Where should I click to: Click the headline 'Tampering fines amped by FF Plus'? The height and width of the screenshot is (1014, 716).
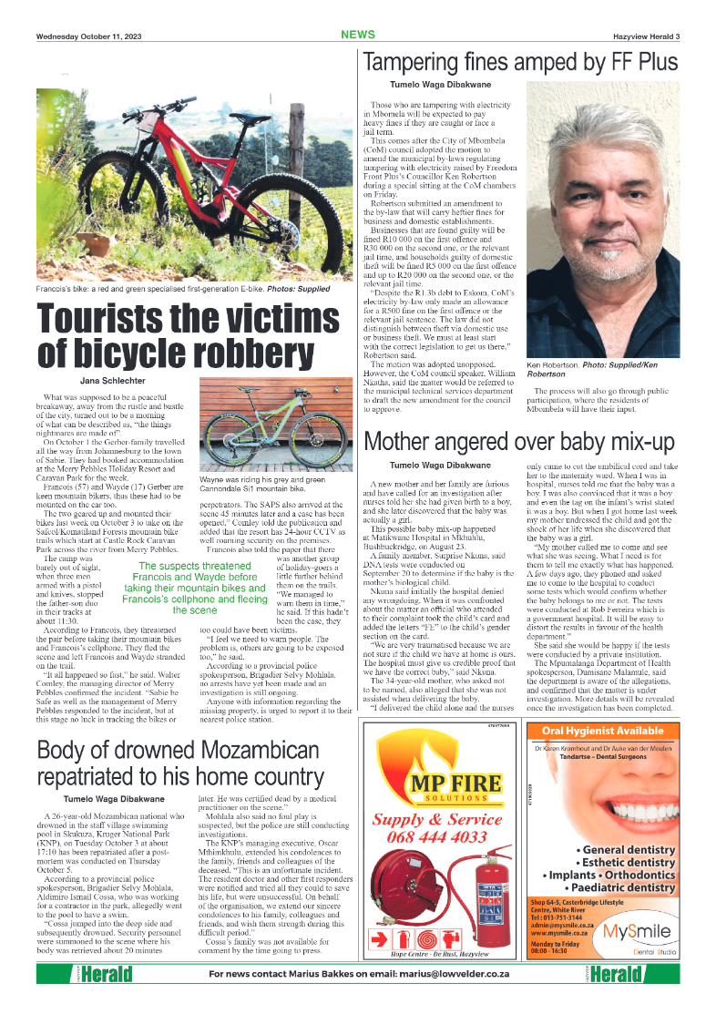pyautogui.click(x=520, y=62)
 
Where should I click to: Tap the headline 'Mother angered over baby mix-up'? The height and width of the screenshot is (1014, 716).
pyautogui.click(x=519, y=442)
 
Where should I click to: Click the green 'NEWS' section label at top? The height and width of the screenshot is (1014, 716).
pyautogui.click(x=358, y=35)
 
